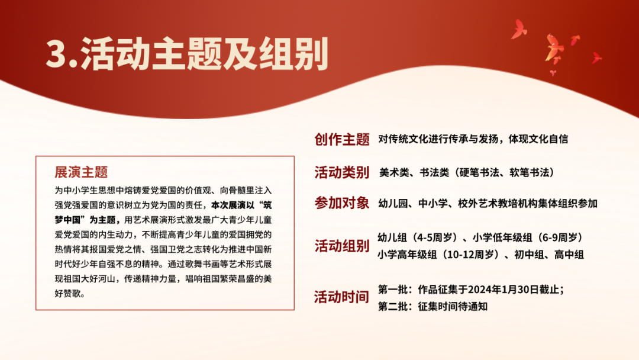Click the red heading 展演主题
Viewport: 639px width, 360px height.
point(81,172)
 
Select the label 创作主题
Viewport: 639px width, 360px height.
point(342,139)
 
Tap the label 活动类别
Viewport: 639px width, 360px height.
point(342,172)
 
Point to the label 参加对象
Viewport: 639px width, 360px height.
point(342,202)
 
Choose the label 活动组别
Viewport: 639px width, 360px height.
point(342,246)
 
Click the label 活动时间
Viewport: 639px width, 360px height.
point(342,297)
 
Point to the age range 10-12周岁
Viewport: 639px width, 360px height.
point(470,255)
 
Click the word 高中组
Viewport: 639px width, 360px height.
point(569,255)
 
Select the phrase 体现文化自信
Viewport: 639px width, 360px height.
point(538,139)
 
